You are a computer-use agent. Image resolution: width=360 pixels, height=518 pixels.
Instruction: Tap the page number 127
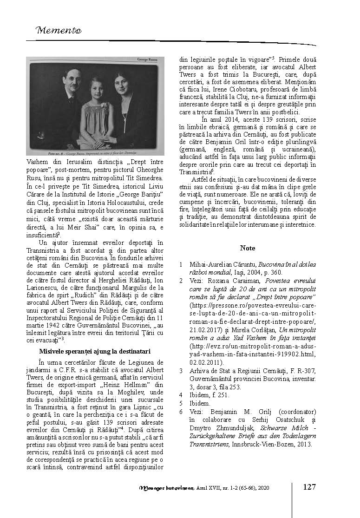click(309, 487)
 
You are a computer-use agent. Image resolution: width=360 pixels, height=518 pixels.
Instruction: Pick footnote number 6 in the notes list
click(180, 412)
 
